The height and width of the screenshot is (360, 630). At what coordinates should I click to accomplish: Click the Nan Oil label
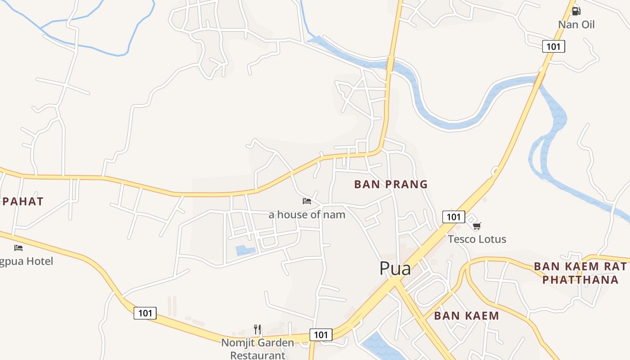tap(576, 24)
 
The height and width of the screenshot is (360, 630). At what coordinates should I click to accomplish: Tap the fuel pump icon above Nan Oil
tap(576, 11)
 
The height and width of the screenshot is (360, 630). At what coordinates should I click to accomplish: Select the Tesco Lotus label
tap(477, 239)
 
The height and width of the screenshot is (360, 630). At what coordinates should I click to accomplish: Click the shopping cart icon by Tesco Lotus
tap(477, 226)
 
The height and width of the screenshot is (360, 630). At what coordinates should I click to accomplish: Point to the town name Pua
tap(395, 269)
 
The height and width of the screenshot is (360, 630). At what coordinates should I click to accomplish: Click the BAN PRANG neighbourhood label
tap(391, 184)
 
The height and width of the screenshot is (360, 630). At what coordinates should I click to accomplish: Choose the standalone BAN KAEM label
tap(466, 316)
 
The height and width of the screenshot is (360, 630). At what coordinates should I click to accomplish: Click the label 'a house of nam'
tap(307, 215)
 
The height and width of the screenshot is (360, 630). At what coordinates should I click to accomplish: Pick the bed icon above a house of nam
tap(307, 201)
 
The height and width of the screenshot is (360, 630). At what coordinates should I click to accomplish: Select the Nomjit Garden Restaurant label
tap(257, 349)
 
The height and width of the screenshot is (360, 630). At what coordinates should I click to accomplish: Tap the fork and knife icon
tap(257, 329)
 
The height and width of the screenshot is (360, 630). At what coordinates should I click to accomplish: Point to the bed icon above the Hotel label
tap(18, 247)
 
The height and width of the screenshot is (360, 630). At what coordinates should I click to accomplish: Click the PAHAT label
tap(22, 202)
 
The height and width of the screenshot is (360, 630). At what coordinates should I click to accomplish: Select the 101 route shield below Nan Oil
tap(553, 46)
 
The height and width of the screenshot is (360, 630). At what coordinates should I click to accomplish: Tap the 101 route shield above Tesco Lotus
tap(453, 217)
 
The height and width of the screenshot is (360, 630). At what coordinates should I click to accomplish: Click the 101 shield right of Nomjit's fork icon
tap(321, 335)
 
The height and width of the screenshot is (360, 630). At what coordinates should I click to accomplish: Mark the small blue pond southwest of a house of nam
tap(245, 250)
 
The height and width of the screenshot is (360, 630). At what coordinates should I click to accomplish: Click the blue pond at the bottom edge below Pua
tap(378, 346)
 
